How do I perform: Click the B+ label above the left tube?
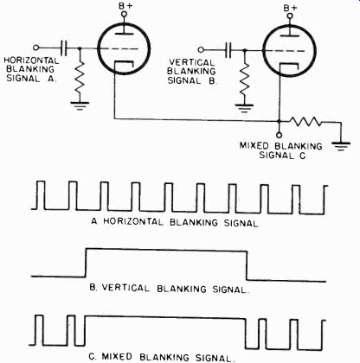125,5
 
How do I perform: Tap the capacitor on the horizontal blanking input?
64,48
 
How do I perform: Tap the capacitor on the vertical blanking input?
228,50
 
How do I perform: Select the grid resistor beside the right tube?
245,81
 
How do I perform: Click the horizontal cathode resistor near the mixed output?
305,122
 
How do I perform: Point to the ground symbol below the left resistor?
80,105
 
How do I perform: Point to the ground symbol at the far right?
341,146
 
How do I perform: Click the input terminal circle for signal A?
36,48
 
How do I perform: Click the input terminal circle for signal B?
201,50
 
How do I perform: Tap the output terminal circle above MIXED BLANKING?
279,135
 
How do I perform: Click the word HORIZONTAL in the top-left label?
31,60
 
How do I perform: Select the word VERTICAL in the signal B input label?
192,62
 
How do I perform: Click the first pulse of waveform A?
42,194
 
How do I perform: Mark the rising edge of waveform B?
86,262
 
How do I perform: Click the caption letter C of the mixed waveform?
92,357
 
